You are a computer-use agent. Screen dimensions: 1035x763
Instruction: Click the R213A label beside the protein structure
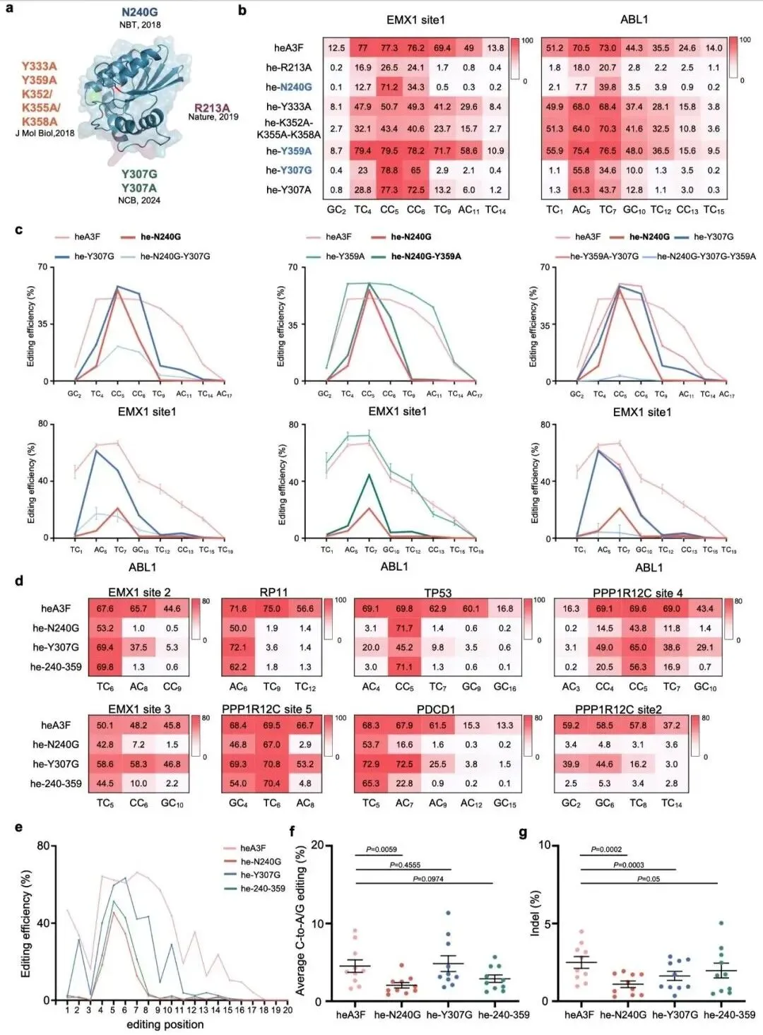click(x=213, y=108)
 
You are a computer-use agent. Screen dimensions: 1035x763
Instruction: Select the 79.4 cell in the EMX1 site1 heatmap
click(x=363, y=150)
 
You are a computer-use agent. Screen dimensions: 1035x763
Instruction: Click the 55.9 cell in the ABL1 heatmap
click(x=555, y=150)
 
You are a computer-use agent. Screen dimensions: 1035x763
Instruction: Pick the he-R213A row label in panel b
click(x=288, y=67)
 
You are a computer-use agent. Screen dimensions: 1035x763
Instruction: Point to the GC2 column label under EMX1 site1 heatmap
click(x=336, y=210)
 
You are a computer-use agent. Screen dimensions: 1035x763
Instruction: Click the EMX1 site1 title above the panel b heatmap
click(x=415, y=20)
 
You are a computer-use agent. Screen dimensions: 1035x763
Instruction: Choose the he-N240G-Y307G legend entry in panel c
click(x=175, y=256)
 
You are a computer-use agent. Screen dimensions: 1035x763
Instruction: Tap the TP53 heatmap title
click(x=437, y=592)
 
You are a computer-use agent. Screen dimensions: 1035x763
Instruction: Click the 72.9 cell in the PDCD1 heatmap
click(x=371, y=764)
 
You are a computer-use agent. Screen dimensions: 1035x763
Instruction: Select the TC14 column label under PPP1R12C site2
click(x=671, y=803)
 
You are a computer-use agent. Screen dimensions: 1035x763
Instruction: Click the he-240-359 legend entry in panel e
click(x=263, y=888)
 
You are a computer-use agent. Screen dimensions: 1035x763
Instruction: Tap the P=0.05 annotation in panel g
click(x=649, y=878)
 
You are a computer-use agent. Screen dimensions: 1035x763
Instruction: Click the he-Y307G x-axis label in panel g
click(x=675, y=1015)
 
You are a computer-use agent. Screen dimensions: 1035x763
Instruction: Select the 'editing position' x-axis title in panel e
click(x=165, y=1024)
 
